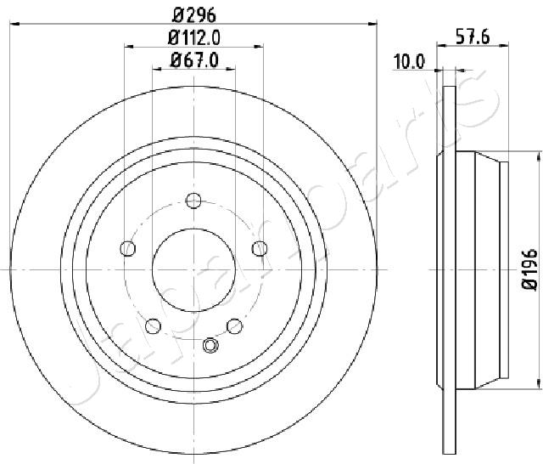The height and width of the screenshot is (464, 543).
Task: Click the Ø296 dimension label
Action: (x=194, y=15)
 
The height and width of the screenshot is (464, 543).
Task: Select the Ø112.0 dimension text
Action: (x=194, y=37)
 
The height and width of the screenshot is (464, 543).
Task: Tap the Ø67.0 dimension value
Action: (x=194, y=60)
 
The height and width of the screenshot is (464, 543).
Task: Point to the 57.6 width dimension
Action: (x=473, y=37)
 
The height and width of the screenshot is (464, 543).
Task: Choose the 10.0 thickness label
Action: (x=409, y=62)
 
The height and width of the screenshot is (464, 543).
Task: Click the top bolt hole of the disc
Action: (x=193, y=201)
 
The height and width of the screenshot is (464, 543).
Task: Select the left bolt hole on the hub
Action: (x=128, y=248)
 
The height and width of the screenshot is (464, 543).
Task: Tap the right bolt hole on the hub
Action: (x=260, y=248)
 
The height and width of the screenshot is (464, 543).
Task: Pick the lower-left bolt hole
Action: (x=153, y=326)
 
